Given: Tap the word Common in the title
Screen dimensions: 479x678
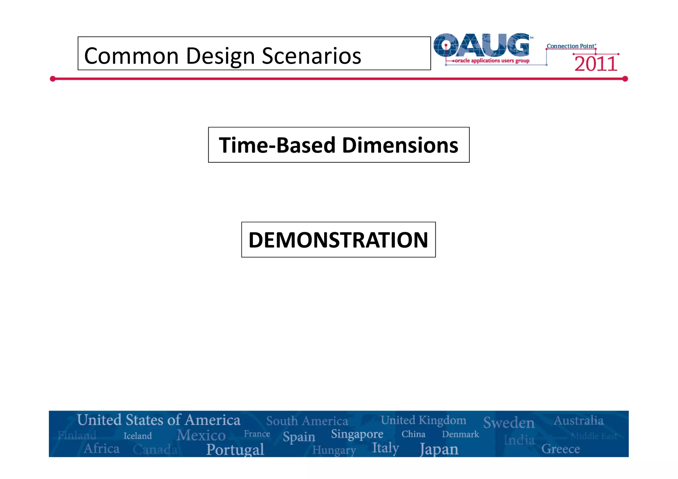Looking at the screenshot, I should point(131,56).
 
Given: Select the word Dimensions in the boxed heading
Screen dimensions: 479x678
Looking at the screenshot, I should point(400,145).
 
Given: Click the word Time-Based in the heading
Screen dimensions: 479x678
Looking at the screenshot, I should point(277,145).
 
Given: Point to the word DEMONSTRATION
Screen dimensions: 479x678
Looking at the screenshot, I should point(338,240).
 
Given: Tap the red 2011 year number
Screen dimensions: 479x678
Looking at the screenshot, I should point(596,64).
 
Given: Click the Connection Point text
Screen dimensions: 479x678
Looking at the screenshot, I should point(571,46).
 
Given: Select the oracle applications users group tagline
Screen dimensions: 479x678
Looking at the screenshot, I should point(492,61).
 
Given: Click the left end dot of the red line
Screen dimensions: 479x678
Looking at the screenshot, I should point(53,79).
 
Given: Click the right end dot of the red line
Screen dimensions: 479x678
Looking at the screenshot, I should point(625,79).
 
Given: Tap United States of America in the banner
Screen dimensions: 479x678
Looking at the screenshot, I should point(159,420).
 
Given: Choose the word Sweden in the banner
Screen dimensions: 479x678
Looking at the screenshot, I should point(508,423).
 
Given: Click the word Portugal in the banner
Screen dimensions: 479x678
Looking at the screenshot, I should point(235,450).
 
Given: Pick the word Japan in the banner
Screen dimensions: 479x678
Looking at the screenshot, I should point(439,450).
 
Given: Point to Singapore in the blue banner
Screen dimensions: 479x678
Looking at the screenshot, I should point(357,434).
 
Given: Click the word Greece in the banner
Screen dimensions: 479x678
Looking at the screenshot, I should point(560,449).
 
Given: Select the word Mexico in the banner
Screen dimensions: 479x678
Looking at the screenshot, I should point(201,435).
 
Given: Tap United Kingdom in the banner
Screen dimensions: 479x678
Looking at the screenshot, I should point(423,420).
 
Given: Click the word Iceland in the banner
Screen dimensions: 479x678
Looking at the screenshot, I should point(137,436).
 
